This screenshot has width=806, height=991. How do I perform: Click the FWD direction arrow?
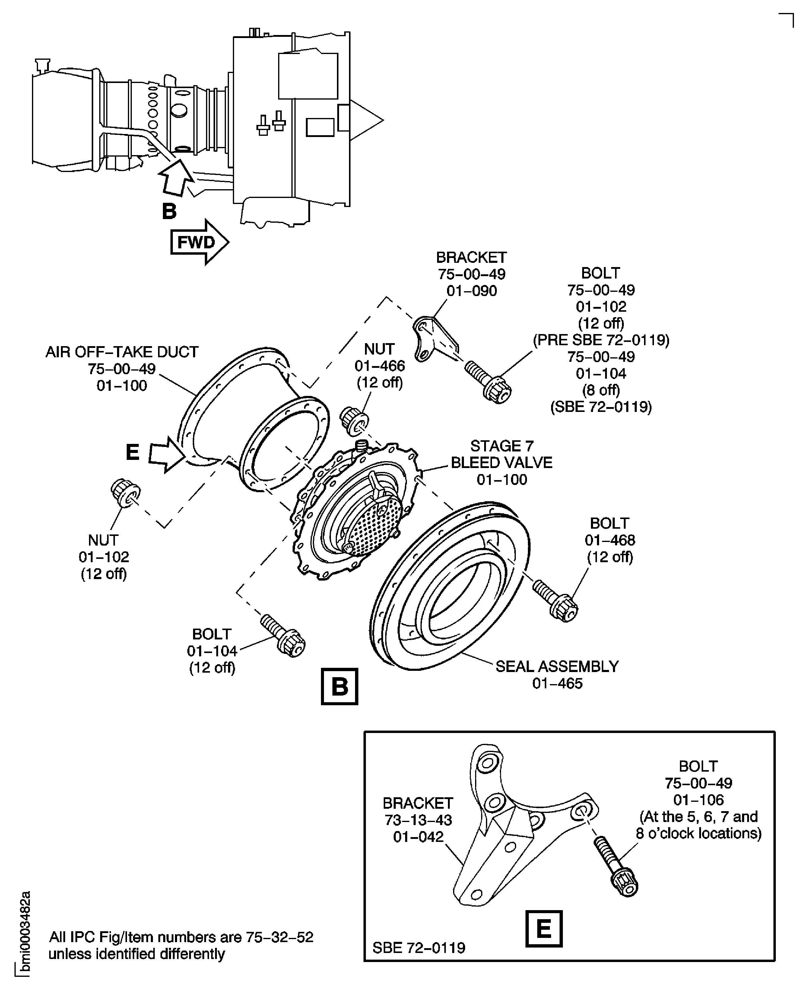(x=199, y=242)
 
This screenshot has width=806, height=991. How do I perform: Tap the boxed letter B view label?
(x=339, y=686)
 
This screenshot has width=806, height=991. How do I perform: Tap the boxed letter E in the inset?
(x=544, y=928)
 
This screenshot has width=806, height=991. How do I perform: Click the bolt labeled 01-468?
(x=555, y=601)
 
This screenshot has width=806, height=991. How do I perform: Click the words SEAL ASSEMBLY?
(x=557, y=666)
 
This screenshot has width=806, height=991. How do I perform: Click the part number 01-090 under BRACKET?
(x=471, y=291)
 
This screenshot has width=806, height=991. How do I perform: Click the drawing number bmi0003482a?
(x=26, y=933)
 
